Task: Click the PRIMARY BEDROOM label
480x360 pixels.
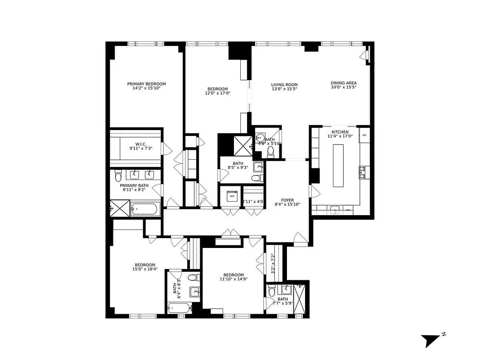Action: (x=146, y=84)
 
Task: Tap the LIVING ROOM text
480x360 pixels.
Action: (x=284, y=85)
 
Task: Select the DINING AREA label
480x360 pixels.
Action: (x=344, y=83)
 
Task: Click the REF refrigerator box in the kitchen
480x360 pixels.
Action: (x=364, y=135)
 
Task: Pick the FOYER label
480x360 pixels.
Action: (x=287, y=199)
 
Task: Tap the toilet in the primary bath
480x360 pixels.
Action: (x=118, y=174)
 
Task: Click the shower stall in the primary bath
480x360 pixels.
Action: (x=120, y=209)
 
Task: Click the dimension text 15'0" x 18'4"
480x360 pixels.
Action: (x=144, y=270)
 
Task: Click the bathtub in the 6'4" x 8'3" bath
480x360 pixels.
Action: (x=179, y=308)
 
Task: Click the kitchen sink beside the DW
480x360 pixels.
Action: (x=334, y=210)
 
